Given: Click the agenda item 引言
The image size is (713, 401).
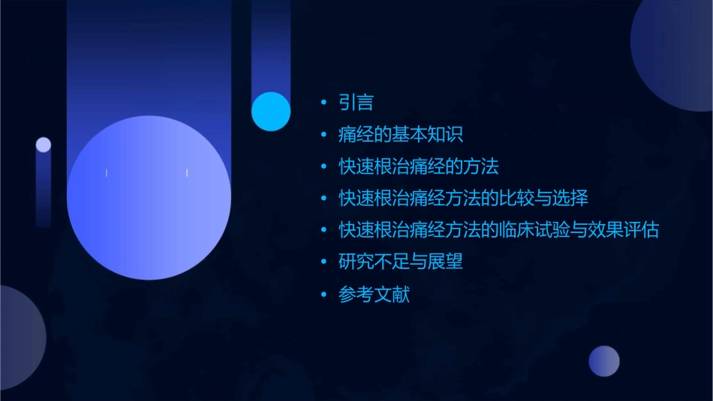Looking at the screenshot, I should coord(356,103).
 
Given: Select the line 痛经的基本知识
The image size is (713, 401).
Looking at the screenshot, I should coord(401,135).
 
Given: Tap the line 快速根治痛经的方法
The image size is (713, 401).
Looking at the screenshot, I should coord(419,166).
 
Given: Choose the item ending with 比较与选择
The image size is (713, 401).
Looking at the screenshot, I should coord(463,199).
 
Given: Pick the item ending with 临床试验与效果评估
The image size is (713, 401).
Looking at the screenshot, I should coord(498,230).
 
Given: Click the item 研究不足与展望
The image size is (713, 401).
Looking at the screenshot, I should coord(401,262).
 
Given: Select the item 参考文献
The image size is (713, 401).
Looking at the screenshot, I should coord(374,295).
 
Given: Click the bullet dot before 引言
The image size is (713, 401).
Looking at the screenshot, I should coord(323,103).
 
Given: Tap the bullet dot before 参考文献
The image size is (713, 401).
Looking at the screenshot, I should coord(323,295).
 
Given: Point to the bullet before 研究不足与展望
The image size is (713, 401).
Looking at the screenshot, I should coord(323,262).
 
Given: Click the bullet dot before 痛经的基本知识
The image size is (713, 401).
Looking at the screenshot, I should coord(323,135).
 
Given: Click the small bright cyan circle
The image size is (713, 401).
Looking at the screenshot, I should coord(271,111).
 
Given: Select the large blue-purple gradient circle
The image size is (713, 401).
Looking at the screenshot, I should coord(149,198).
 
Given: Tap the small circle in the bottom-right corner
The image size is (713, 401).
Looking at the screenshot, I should coord(604,361).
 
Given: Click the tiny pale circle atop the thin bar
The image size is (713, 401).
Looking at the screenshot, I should coord(44,145).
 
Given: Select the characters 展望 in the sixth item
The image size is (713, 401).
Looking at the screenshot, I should coord(446,262).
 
